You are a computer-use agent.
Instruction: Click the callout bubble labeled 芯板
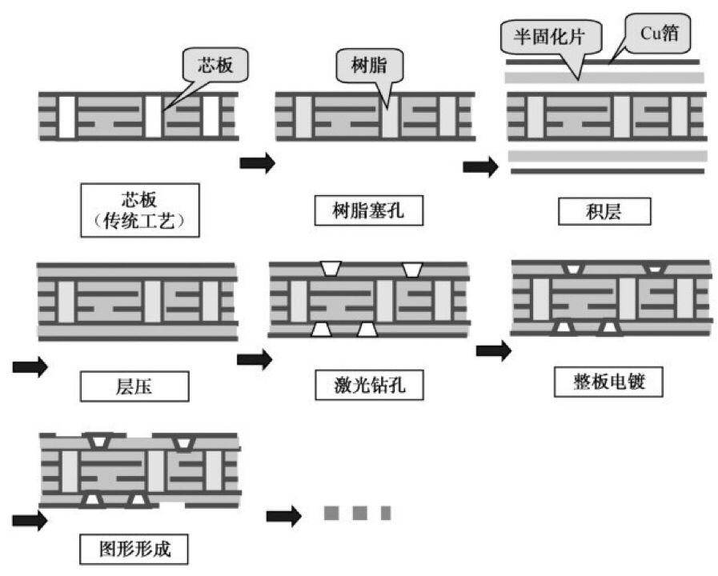[215, 65]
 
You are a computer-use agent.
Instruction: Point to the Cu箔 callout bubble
[661, 34]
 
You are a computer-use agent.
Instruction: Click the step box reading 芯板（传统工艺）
[139, 210]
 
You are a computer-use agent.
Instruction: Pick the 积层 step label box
[605, 211]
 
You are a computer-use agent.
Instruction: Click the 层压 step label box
[134, 387]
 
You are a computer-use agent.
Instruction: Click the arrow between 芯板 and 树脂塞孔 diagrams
[257, 163]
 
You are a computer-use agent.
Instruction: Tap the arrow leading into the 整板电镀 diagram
[493, 350]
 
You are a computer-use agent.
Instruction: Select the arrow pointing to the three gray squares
[283, 515]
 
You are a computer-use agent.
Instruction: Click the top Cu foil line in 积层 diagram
[605, 61]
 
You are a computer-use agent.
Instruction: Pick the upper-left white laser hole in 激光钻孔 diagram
[330, 270]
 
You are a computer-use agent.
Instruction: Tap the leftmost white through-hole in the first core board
[67, 116]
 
